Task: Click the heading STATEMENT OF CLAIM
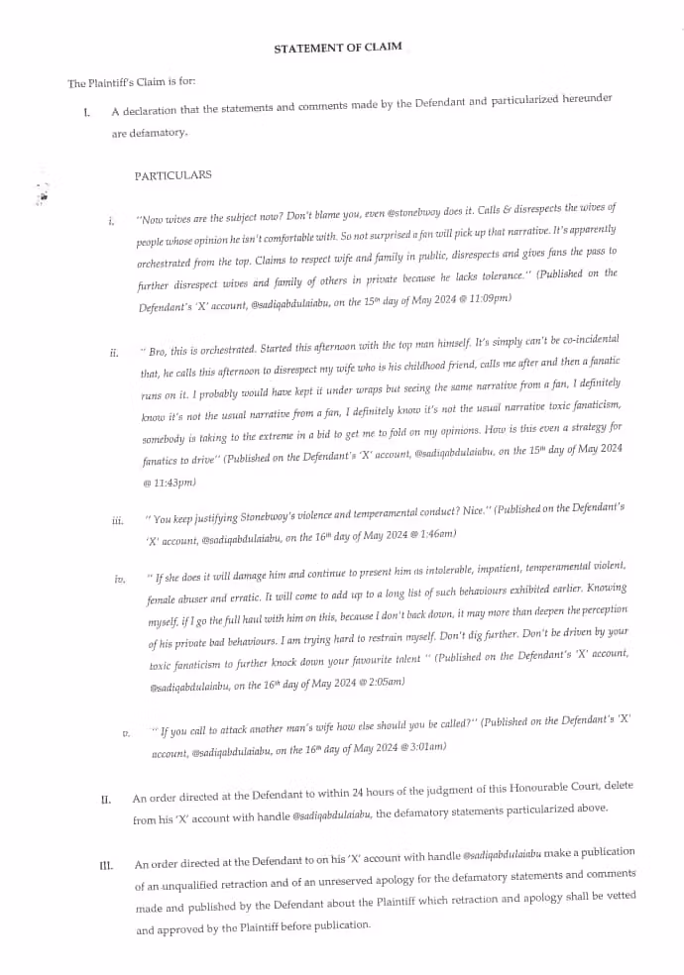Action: pyautogui.click(x=338, y=48)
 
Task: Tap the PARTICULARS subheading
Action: pyautogui.click(x=173, y=175)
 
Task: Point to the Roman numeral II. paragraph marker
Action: pyautogui.click(x=105, y=799)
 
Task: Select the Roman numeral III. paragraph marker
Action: pyautogui.click(x=106, y=865)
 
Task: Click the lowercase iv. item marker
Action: pyautogui.click(x=121, y=579)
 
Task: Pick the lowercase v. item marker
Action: pyautogui.click(x=126, y=734)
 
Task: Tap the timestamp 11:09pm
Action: pyautogui.click(x=490, y=297)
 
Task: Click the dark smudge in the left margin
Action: pyautogui.click(x=43, y=195)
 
